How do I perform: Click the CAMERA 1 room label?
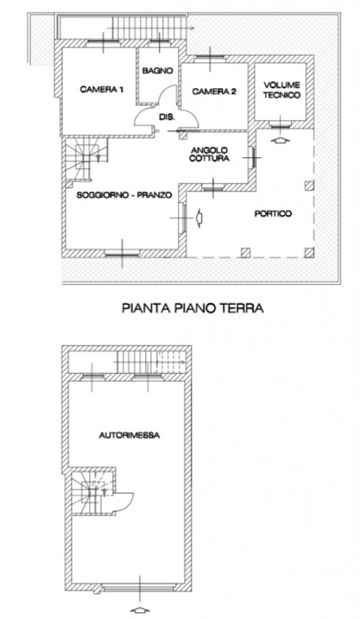(101, 91)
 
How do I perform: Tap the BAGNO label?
(156, 70)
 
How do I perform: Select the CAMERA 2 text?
(214, 91)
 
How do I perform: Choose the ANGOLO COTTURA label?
(212, 155)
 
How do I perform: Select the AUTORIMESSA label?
(129, 435)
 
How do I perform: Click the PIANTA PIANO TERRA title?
(193, 307)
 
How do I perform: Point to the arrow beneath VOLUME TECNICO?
(281, 140)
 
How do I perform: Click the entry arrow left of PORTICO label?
(201, 218)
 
